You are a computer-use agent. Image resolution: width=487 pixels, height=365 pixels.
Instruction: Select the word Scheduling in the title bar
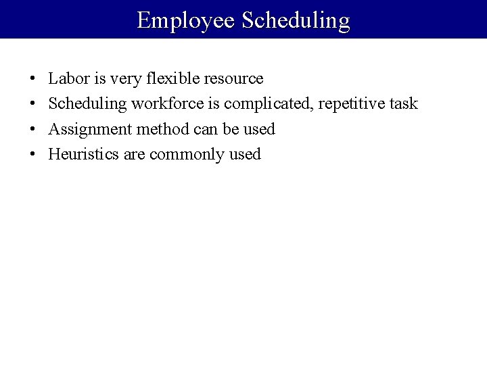296,20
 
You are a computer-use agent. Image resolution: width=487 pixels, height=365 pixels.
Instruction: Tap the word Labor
68,78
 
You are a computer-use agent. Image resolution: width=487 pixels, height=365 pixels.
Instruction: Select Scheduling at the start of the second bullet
87,103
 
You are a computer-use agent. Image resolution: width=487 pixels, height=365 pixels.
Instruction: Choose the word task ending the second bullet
403,103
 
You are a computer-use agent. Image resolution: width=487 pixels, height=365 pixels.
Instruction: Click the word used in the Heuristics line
244,154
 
